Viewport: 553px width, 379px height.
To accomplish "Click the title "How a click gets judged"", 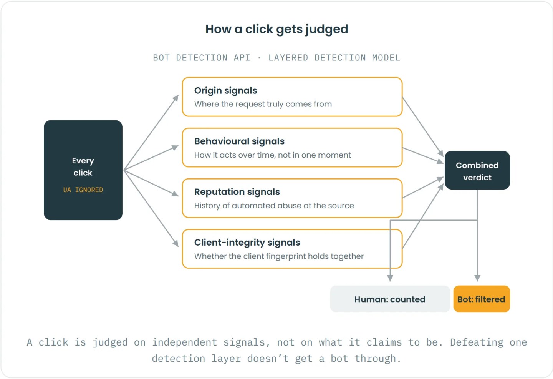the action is [x=277, y=29].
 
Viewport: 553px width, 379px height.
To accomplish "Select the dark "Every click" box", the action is [x=83, y=170].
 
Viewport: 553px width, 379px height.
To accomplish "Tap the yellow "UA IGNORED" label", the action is [x=83, y=190].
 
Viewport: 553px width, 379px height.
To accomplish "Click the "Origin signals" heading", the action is [x=225, y=91].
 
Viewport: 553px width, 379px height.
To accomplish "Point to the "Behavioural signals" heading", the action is [x=239, y=141].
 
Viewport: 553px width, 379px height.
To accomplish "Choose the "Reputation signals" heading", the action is [x=237, y=192].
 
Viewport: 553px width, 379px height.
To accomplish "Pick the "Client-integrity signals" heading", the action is [x=247, y=243].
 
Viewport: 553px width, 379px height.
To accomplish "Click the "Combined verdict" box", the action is [x=477, y=170].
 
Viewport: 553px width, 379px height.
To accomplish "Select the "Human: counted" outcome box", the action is [x=390, y=299].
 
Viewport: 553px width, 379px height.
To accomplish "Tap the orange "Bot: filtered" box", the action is [x=482, y=299].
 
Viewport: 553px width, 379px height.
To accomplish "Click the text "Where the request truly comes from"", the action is [x=263, y=104].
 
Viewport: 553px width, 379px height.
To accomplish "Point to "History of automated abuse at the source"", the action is [x=274, y=206].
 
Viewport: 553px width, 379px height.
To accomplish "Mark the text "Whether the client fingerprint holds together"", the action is [x=279, y=256].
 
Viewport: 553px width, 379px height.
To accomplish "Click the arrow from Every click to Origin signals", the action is [x=151, y=133].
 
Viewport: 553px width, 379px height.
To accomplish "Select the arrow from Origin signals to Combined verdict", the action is [x=423, y=127].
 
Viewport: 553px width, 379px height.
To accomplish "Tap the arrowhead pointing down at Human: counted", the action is [x=390, y=278].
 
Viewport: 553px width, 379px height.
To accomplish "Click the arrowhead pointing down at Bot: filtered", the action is [x=477, y=278].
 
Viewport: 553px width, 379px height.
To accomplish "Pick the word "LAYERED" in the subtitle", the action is [x=288, y=58].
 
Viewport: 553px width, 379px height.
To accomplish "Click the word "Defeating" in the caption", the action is [x=477, y=342].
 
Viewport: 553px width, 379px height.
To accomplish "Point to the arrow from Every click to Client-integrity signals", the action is [x=151, y=208].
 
